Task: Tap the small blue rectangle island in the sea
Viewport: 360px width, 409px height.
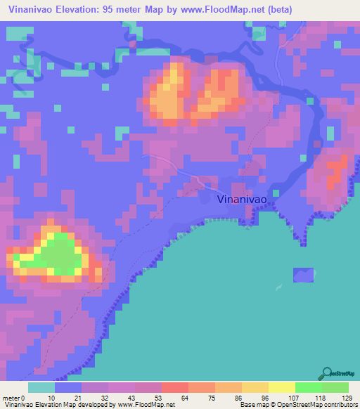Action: click(303, 275)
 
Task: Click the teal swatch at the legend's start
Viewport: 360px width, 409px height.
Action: click(41, 387)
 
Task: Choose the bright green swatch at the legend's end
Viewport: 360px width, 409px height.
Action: click(335, 387)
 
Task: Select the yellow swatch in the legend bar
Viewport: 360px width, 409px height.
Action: click(281, 387)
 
